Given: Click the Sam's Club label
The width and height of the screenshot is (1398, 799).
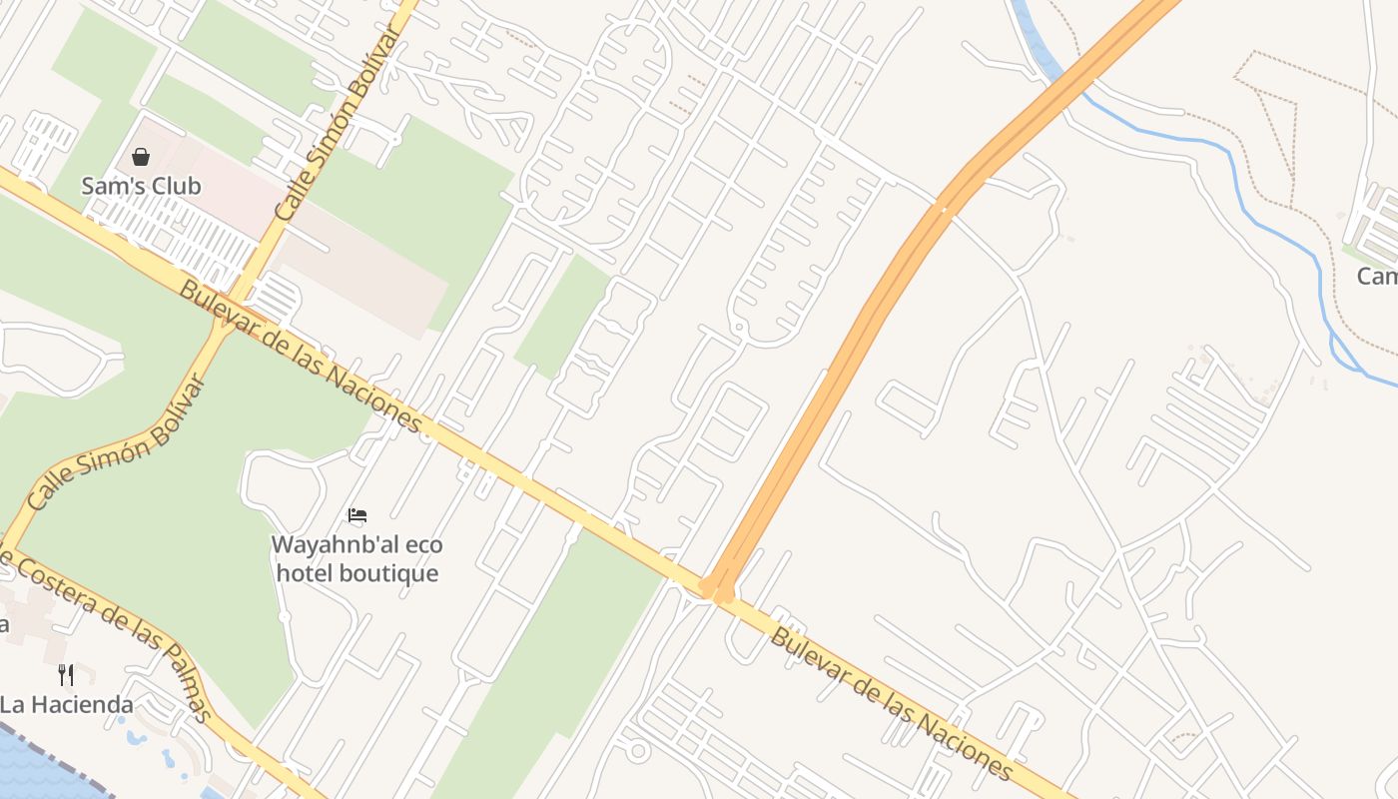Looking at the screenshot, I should click(x=141, y=186).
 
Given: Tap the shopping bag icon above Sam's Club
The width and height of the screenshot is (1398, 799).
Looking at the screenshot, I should click(x=141, y=157).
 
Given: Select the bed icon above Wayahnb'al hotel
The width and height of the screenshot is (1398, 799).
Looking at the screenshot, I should click(x=357, y=516).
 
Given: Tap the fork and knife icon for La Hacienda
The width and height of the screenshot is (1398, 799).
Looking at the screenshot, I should click(x=66, y=674).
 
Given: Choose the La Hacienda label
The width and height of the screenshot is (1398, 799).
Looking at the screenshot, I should click(x=66, y=704).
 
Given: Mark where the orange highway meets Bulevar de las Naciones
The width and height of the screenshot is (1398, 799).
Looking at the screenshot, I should click(x=717, y=589).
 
